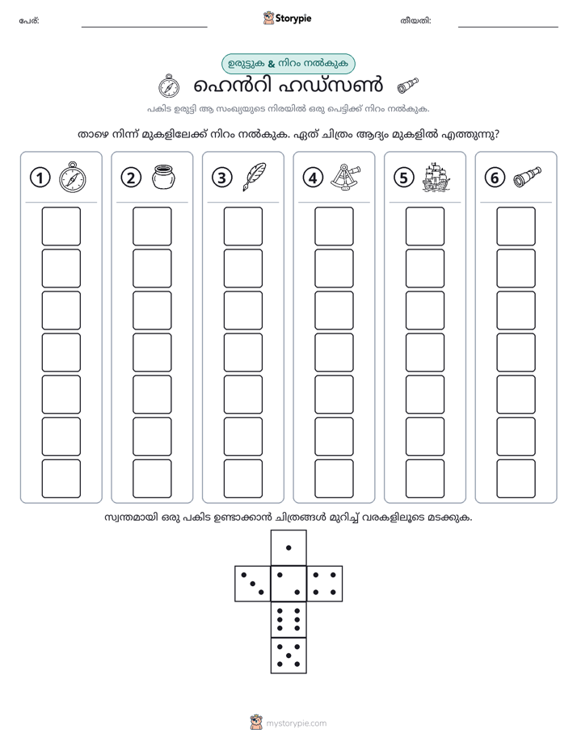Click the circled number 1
(40, 178)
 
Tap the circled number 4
(313, 178)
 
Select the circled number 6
(495, 178)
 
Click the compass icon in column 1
(72, 178)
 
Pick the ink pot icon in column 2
(163, 177)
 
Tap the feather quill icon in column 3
(255, 177)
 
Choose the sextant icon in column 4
(345, 177)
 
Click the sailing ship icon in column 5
(436, 178)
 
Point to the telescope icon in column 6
(527, 177)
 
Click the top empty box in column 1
(61, 226)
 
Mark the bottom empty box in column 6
(516, 479)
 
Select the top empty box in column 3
(242, 226)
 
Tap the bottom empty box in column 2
(152, 479)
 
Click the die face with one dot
(288, 548)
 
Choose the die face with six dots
(288, 619)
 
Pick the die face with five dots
(288, 656)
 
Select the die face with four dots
(325, 584)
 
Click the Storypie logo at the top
(287, 18)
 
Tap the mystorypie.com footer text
(296, 723)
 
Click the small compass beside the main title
(169, 86)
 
